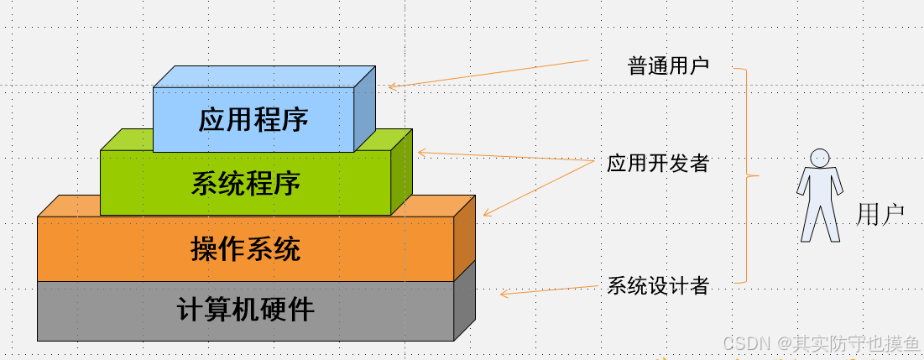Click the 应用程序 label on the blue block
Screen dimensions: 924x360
[x=253, y=120]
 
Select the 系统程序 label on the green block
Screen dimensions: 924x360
[x=246, y=183]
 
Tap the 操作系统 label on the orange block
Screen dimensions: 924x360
[x=246, y=249]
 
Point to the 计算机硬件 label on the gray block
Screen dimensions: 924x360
[x=246, y=310]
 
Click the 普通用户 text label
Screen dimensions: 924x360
[x=669, y=66]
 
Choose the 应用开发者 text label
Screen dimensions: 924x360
[x=658, y=163]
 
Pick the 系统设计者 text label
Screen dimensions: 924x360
[x=658, y=286]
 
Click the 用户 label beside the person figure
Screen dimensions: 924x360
[x=880, y=215]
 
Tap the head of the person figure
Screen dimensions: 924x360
[x=820, y=158]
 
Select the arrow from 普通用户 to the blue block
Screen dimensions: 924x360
[x=488, y=74]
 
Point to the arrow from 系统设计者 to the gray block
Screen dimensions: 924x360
[x=549, y=290]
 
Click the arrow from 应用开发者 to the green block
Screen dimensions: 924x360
[x=505, y=157]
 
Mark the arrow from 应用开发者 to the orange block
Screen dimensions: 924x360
[x=539, y=188]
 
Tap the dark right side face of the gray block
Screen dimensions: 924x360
[x=464, y=300]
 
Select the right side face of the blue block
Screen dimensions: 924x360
[x=365, y=109]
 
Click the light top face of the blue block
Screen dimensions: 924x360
[x=264, y=76]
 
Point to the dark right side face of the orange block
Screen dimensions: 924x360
[x=464, y=238]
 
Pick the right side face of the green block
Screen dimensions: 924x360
[x=402, y=172]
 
